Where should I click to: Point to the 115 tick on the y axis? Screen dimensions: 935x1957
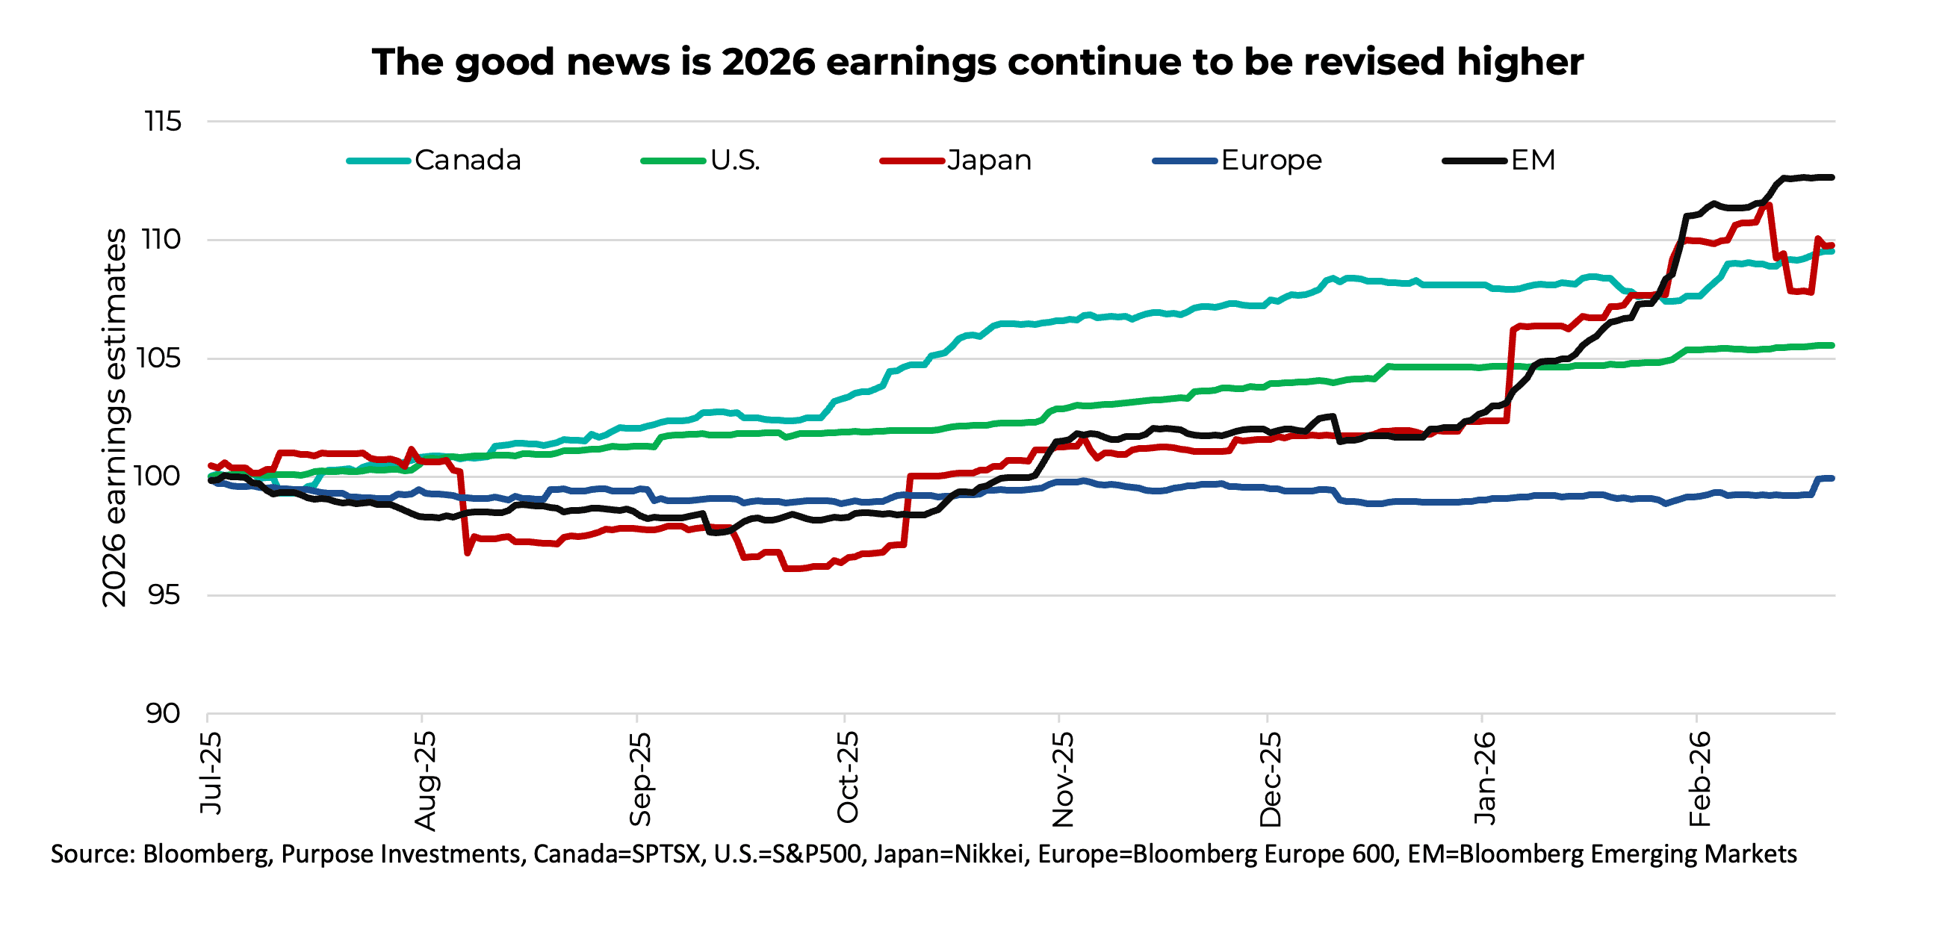point(163,122)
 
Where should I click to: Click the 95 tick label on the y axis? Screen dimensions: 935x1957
point(164,595)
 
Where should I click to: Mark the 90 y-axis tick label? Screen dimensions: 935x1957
point(163,714)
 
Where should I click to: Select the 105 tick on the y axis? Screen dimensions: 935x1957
point(159,358)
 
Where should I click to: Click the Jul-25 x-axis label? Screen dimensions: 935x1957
point(211,773)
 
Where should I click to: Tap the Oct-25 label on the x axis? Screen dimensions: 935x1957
point(847,777)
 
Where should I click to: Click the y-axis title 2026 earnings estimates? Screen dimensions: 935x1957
point(114,417)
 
